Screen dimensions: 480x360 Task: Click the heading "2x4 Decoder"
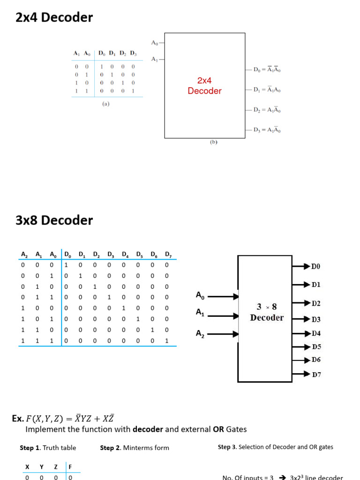54,18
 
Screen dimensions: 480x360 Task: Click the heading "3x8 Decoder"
54,220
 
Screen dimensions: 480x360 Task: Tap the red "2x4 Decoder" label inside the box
204,86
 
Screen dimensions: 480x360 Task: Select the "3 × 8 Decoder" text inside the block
267,312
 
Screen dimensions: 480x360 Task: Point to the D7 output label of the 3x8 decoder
316,375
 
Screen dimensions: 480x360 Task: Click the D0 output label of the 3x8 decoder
316,266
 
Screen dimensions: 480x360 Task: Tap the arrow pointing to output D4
300,334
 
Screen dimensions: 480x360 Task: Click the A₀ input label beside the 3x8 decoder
200,295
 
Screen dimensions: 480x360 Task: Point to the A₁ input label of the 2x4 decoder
154,59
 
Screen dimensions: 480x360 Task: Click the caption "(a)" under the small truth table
106,104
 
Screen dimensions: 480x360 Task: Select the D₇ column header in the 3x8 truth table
168,255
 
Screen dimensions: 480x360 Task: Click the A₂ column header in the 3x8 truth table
24,255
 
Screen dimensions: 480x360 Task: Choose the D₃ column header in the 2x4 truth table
133,53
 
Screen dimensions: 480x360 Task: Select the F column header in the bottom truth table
70,467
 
